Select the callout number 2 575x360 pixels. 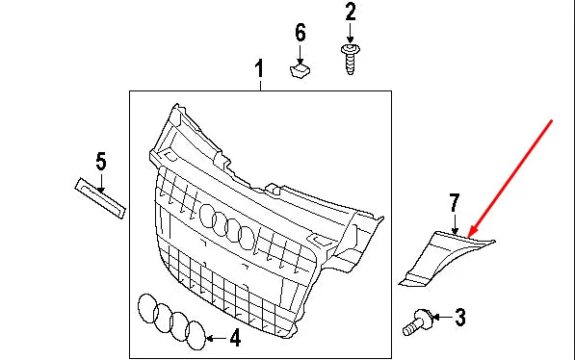pyautogui.click(x=350, y=13)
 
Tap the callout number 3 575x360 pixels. pyautogui.click(x=459, y=316)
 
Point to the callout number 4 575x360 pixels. pyautogui.click(x=234, y=338)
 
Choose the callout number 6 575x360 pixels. pyautogui.click(x=300, y=33)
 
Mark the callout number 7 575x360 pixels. pyautogui.click(x=455, y=202)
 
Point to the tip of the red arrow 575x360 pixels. pyautogui.click(x=465, y=234)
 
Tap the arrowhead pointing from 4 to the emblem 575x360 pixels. pyautogui.click(x=212, y=338)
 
